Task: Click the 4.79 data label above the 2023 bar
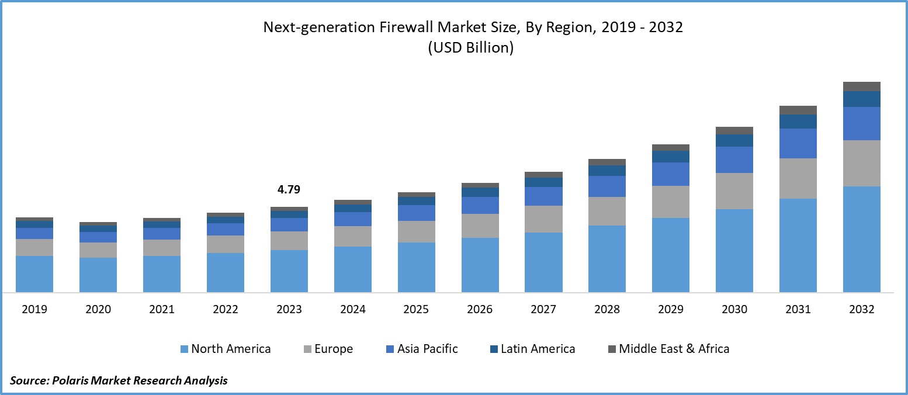click(289, 190)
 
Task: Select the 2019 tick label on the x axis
click(34, 310)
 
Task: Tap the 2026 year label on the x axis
click(480, 310)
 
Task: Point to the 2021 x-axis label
click(162, 310)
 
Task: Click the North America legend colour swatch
click(185, 349)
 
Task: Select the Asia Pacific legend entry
click(427, 349)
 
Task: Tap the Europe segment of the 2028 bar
click(607, 211)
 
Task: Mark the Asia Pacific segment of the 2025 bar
click(416, 213)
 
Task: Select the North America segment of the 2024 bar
click(352, 269)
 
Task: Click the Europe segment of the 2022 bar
click(226, 244)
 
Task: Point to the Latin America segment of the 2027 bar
click(543, 182)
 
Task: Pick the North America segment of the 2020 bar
click(98, 275)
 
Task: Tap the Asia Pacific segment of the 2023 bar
click(289, 224)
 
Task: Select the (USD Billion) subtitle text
click(471, 48)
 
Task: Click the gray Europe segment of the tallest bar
click(862, 163)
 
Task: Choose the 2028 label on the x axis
click(607, 310)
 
